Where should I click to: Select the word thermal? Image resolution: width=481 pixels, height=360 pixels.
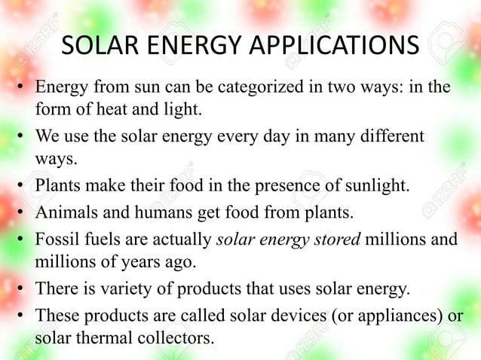(x=97, y=339)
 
